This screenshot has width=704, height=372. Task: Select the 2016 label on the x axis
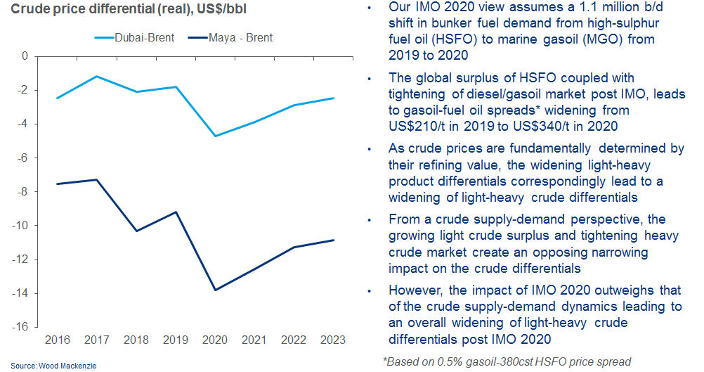[57, 341]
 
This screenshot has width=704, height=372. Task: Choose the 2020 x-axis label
[214, 341]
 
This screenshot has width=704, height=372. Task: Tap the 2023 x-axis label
[332, 341]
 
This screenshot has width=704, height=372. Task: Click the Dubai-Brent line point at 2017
[96, 76]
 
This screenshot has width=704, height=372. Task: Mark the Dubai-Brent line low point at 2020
[214, 136]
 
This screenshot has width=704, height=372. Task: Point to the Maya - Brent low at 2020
[214, 290]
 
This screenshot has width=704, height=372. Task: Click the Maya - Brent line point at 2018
[136, 231]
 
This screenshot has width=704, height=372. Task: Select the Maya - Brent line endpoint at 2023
[332, 240]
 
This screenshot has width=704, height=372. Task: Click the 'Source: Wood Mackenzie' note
[53, 366]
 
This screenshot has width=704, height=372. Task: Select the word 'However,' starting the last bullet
[416, 290]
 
